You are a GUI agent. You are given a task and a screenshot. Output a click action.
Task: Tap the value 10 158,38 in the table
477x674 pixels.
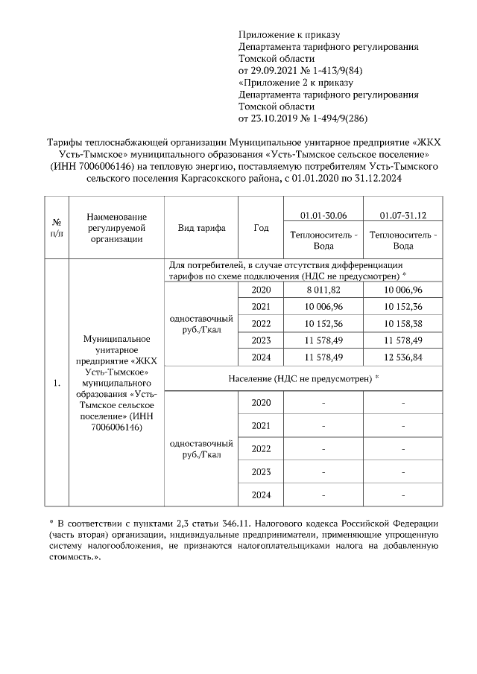(x=402, y=323)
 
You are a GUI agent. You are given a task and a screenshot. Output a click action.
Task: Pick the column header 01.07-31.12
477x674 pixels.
(x=402, y=215)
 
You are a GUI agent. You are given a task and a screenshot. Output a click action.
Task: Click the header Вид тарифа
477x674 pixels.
(x=201, y=228)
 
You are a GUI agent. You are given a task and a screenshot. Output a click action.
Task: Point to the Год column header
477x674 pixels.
(x=261, y=228)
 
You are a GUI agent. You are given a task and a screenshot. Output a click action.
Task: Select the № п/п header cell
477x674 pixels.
(x=56, y=228)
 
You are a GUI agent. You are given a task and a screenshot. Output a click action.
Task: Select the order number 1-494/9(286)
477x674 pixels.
(x=335, y=118)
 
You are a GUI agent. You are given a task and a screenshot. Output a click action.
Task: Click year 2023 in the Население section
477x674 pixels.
(x=261, y=471)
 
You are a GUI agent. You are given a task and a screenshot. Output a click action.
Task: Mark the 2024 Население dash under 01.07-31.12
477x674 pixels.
(x=402, y=495)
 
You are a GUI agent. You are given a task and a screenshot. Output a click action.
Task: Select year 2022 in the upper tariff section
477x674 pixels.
(x=261, y=323)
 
